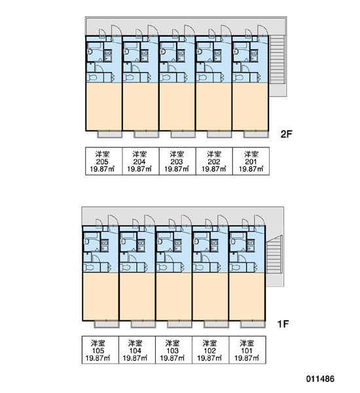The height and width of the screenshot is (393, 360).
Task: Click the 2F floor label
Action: pyautogui.click(x=286, y=134)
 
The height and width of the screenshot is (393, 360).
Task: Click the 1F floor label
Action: pyautogui.click(x=283, y=324)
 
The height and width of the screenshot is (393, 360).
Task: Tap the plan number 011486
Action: pyautogui.click(x=320, y=379)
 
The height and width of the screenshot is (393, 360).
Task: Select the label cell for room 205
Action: pyautogui.click(x=103, y=161)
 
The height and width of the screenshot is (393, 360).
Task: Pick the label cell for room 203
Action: pyautogui.click(x=177, y=161)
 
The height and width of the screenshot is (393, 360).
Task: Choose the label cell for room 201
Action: pyautogui.click(x=251, y=161)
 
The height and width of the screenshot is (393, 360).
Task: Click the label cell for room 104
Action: pyautogui.click(x=137, y=350)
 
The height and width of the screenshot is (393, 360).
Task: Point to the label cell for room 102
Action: pyautogui.click(x=211, y=350)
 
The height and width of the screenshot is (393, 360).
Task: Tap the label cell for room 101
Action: pyautogui.click(x=247, y=350)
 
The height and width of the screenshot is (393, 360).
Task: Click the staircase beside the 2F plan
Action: pyautogui.click(x=278, y=65)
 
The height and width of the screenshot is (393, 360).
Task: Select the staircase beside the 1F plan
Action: pyautogui.click(x=274, y=261)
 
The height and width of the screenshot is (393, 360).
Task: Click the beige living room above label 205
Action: pyautogui.click(x=104, y=107)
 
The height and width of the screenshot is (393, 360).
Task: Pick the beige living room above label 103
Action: pyautogui.click(x=174, y=296)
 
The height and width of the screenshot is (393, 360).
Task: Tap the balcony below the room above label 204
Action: pyautogui.click(x=147, y=134)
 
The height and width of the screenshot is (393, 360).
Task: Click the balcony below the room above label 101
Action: pyautogui.click(x=253, y=324)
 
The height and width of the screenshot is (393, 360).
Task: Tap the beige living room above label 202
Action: pyautogui.click(x=213, y=107)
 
